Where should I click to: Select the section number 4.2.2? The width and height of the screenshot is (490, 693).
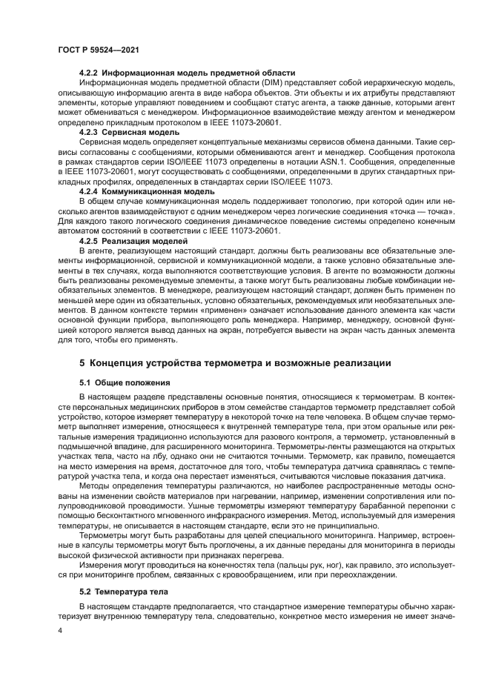tap(89, 73)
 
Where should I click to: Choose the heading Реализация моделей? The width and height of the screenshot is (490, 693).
tap(145, 241)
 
